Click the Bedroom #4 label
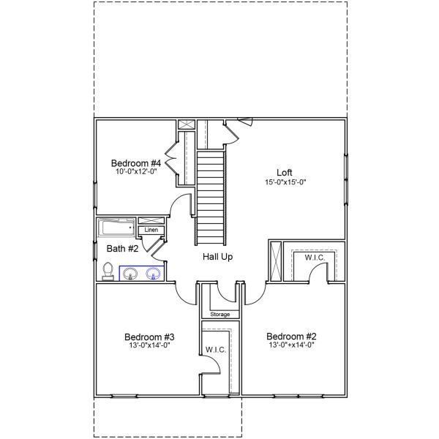[x=135, y=162]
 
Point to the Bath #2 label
[x=120, y=249]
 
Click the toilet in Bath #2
[x=108, y=271]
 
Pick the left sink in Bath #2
[x=130, y=274]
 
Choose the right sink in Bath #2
[x=154, y=274]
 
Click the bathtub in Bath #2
[x=116, y=228]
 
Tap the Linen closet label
[x=151, y=230]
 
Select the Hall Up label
[x=218, y=258]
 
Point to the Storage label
[x=220, y=315]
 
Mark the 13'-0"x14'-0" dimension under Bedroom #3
[x=146, y=346]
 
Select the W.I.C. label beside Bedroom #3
[x=216, y=349]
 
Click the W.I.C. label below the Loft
[x=315, y=258]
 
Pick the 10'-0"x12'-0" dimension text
[x=135, y=172]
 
